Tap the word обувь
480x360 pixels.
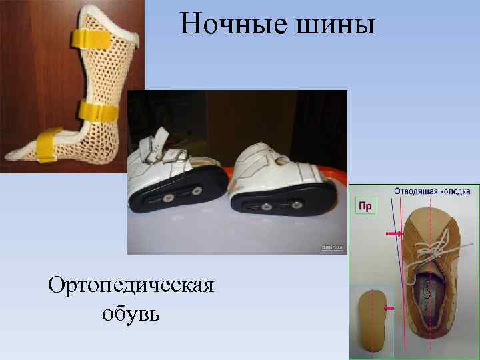pyautogui.click(x=131, y=312)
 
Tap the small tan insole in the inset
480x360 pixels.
pyautogui.click(x=373, y=323)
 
